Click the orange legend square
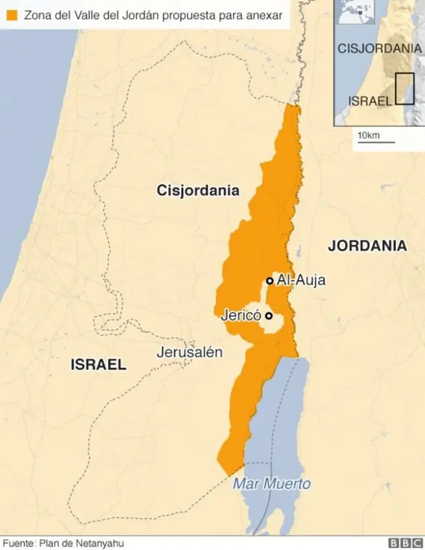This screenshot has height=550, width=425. point(11,14)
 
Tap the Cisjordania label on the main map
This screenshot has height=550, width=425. point(198,190)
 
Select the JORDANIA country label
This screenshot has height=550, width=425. point(367,245)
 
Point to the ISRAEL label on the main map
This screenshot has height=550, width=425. point(98,364)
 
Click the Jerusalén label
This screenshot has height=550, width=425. point(189,352)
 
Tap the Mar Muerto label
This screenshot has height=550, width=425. point(271,484)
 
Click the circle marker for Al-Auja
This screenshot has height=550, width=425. point(270,281)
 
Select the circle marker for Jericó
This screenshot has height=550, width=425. point(268,316)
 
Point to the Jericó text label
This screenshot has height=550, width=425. point(240,316)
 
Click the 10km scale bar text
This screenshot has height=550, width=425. point(368,135)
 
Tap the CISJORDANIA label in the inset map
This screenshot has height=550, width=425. point(379,48)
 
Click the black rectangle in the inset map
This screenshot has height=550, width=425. point(404,88)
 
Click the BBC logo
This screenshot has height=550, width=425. point(404,543)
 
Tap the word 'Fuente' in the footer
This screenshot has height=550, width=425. point(18,543)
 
